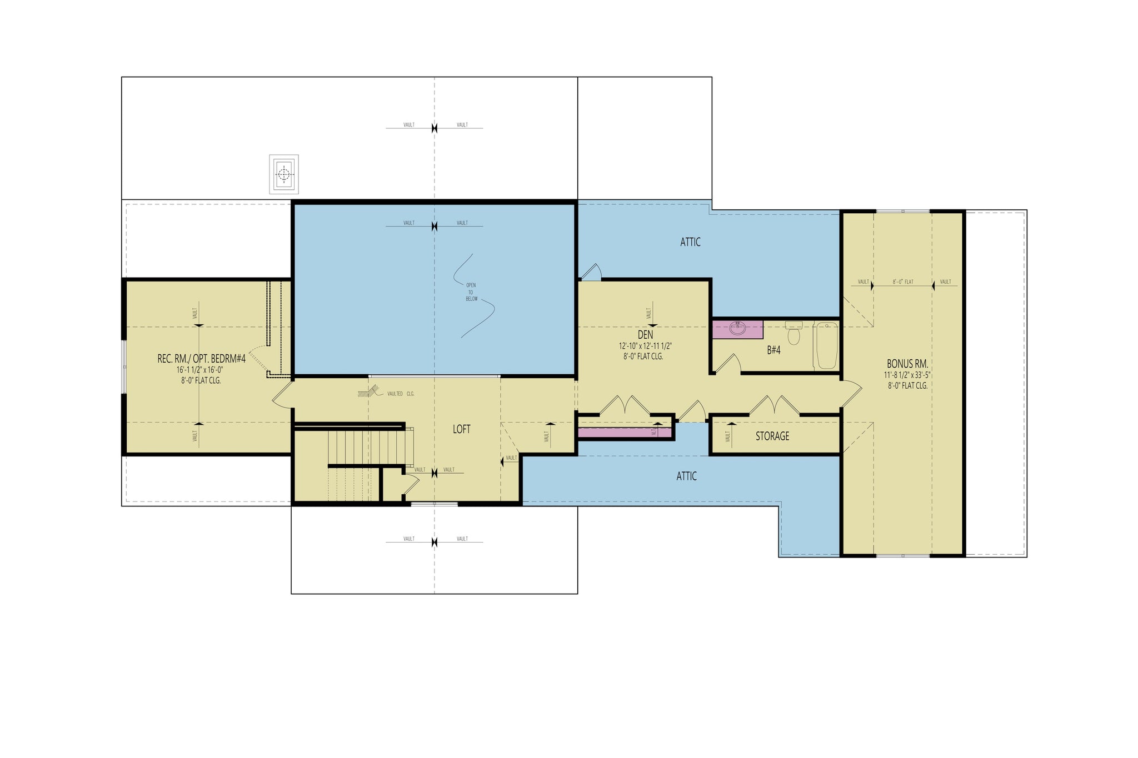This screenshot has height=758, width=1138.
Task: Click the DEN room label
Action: (645, 335)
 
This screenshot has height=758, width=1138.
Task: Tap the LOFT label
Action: (461, 429)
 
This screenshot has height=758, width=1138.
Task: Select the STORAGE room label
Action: (772, 436)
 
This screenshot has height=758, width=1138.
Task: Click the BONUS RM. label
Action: (907, 364)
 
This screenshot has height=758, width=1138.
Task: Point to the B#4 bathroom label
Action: (773, 350)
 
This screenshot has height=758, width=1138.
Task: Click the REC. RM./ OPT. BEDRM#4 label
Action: (201, 359)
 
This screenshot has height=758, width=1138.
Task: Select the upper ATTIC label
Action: (690, 242)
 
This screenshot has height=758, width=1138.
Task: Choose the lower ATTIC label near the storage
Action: (686, 476)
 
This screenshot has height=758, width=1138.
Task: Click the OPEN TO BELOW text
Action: (471, 292)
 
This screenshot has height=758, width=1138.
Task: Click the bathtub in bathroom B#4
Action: (826, 345)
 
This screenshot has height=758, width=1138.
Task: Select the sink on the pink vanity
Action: (737, 329)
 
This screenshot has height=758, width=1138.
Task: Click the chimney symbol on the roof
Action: (284, 174)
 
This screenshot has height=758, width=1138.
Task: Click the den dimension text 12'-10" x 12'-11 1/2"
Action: (645, 346)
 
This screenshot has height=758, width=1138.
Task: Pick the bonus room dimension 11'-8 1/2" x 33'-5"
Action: (907, 375)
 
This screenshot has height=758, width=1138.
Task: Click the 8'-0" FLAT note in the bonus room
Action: (902, 282)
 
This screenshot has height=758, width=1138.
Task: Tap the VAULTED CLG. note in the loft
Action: (400, 394)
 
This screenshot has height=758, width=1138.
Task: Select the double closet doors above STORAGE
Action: (775, 405)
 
